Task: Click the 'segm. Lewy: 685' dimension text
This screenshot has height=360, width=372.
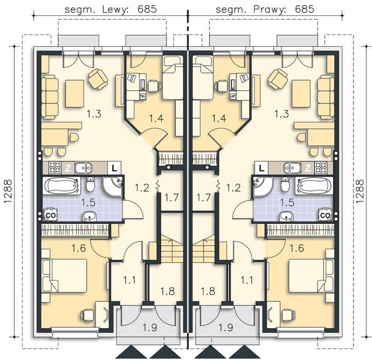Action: coord(110,9)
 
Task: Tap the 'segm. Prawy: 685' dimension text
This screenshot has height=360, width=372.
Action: coord(265,9)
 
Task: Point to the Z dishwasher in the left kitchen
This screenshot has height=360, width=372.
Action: coord(68,168)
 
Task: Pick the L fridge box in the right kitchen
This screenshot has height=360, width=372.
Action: coord(261,168)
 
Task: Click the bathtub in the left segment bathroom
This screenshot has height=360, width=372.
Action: coord(62,186)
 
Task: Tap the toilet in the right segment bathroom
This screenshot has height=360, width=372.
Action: coord(285,185)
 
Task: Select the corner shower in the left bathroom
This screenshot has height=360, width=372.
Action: coord(113,187)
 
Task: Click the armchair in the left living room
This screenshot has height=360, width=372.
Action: coord(98,79)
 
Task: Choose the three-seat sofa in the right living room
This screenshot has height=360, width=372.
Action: coord(326,97)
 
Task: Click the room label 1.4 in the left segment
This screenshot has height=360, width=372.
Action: coord(156,118)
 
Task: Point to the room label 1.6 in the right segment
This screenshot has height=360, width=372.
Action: coord(296,248)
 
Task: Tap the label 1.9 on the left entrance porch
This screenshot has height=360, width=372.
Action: coord(150,328)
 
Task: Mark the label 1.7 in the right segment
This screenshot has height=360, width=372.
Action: coord(203,197)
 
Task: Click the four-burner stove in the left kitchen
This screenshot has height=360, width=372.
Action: coord(55,168)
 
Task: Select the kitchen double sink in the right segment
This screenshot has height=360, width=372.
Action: coord(292,168)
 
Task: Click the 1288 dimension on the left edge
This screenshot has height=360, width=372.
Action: coord(8,191)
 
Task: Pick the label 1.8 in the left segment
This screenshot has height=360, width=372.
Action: coord(168,291)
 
